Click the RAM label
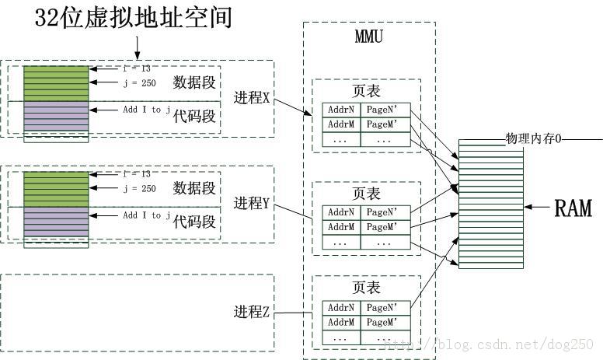click(x=573, y=207)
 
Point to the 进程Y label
click(x=251, y=204)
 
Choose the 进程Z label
click(x=251, y=312)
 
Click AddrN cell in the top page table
click(x=341, y=110)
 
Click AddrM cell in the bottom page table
click(x=341, y=322)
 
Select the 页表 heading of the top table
click(x=366, y=91)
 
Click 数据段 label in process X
click(x=194, y=82)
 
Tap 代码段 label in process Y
click(x=194, y=222)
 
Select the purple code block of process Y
click(x=56, y=222)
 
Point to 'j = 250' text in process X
click(x=140, y=82)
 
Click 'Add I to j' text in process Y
click(x=146, y=215)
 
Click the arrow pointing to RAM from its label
click(x=537, y=207)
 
